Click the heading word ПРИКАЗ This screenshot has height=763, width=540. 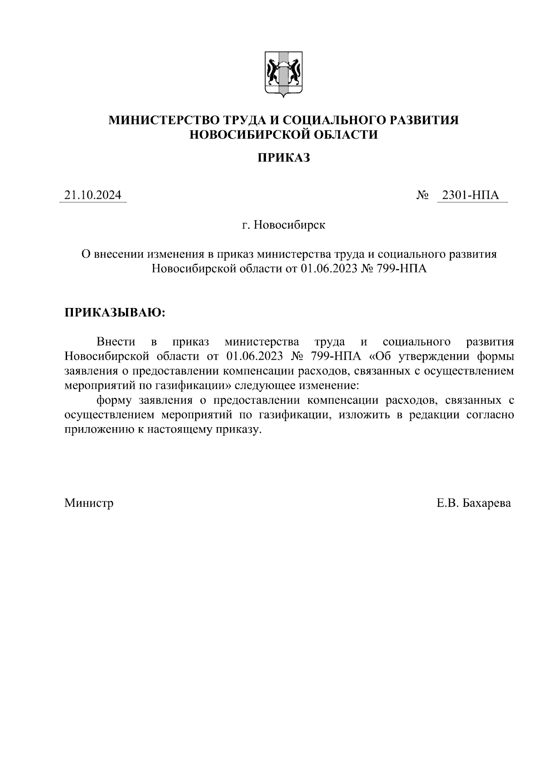point(283,158)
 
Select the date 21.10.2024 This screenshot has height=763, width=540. point(93,195)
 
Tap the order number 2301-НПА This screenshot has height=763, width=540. point(471,195)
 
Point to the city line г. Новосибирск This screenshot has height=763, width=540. point(283,225)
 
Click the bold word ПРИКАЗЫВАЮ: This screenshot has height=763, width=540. point(115,312)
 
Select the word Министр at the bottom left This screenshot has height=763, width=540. point(89,503)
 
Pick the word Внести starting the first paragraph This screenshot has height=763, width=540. point(116,342)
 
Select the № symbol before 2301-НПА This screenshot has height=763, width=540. point(423,196)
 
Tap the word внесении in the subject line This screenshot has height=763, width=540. point(118,254)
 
